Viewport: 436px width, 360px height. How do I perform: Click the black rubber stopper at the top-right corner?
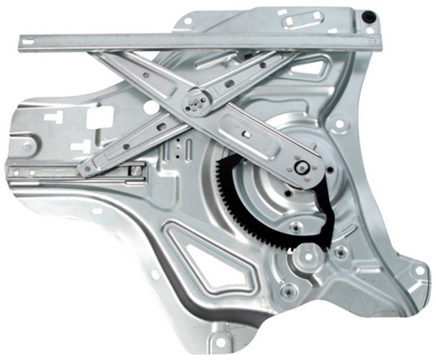(369, 16)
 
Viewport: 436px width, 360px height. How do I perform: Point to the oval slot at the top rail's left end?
(28, 41)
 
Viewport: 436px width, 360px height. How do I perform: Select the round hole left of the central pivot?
(151, 107)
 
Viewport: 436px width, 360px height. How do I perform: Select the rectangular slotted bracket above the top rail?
(303, 19)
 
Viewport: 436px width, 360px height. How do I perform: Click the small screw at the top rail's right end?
(369, 31)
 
